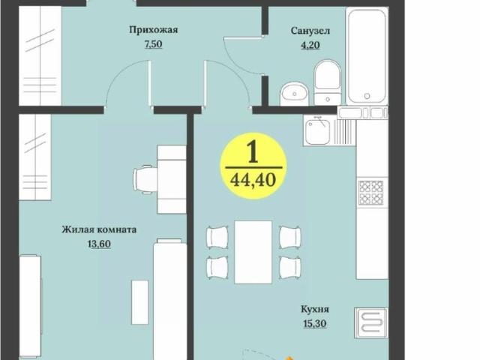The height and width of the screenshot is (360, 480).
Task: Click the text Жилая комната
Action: click(x=99, y=229)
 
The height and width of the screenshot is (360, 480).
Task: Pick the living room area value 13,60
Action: click(x=99, y=244)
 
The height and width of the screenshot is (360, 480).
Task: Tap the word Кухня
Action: click(x=316, y=309)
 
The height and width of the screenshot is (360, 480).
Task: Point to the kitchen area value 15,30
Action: click(x=316, y=323)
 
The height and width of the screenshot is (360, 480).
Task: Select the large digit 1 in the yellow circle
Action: click(x=252, y=153)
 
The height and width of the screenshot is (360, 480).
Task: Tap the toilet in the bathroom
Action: click(x=327, y=82)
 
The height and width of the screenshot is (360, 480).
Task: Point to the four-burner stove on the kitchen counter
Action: click(x=371, y=192)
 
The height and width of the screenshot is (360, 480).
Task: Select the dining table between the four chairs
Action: click(x=253, y=252)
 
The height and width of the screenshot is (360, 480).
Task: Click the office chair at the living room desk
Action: click(x=144, y=179)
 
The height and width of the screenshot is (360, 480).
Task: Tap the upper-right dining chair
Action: click(x=289, y=236)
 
